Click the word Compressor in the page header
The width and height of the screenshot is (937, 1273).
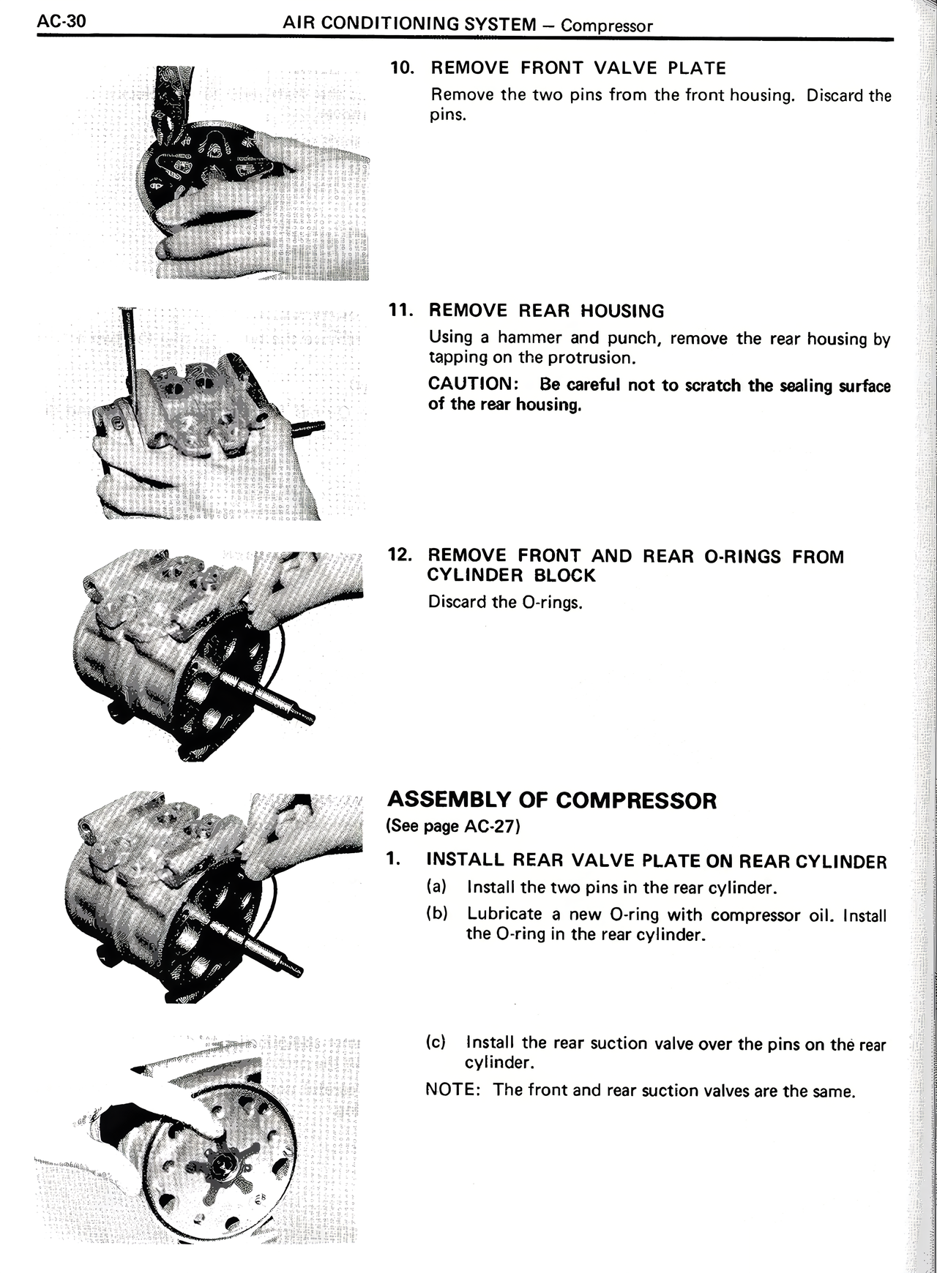607,26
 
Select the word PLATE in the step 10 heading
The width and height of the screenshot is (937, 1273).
696,69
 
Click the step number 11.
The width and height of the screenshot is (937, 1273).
401,309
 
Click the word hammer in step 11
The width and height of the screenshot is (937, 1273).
531,338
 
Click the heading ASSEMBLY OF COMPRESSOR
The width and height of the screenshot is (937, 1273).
551,800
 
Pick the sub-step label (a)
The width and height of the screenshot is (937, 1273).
436,887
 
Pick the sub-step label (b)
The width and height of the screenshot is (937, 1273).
436,914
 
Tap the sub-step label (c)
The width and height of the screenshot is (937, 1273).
436,1042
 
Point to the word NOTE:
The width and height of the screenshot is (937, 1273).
452,1090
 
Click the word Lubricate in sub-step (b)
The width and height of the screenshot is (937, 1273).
504,914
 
